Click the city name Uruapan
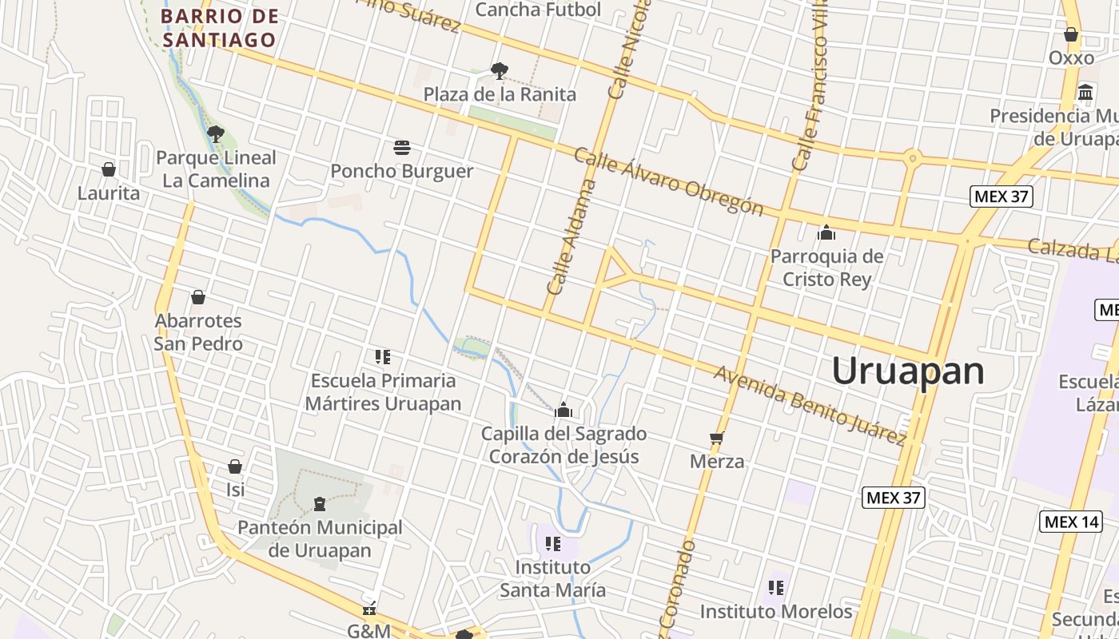tap(907, 371)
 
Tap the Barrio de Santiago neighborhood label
tap(219, 28)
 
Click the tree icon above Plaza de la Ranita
tap(500, 71)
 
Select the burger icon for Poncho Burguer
tap(402, 148)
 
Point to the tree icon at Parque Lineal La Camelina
tap(215, 133)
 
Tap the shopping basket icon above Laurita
tap(109, 169)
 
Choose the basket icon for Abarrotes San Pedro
tap(198, 297)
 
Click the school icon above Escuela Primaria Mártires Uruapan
tap(383, 356)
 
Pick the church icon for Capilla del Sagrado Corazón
tap(563, 411)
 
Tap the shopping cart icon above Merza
tap(717, 438)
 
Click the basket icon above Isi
tap(235, 466)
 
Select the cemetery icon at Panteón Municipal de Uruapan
tap(320, 504)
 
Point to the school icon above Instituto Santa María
tap(552, 544)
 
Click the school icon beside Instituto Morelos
tap(775, 588)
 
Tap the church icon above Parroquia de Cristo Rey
tap(826, 232)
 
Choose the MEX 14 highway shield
tap(1070, 522)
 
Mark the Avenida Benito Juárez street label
tap(810, 404)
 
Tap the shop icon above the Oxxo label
tap(1071, 34)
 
